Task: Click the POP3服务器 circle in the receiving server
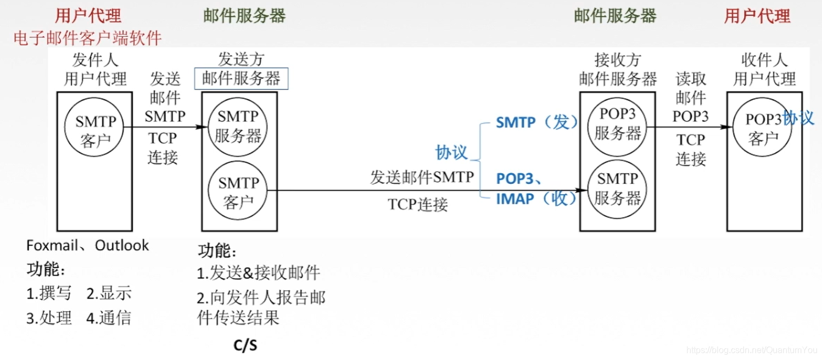pos(618,126)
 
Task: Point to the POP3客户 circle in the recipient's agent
pos(763,128)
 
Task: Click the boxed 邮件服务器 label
pos(241,79)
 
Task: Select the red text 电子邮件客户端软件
pos(88,38)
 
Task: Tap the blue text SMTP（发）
pos(537,122)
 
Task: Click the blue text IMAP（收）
pos(537,199)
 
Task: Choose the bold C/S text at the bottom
pos(245,345)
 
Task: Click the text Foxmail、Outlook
pos(87,245)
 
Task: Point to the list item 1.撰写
pos(49,294)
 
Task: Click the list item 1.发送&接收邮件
pos(259,273)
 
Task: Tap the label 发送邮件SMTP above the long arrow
pos(422,177)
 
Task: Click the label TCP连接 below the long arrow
pos(418,205)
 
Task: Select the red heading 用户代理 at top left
pos(88,15)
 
